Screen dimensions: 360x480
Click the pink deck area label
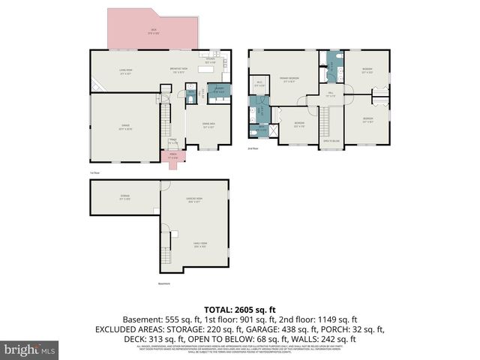(x=153, y=32)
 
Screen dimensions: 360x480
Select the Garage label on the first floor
(x=124, y=127)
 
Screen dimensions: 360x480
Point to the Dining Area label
(x=209, y=125)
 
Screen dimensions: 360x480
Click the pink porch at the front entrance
(x=173, y=157)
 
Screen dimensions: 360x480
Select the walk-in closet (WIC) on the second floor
(x=259, y=84)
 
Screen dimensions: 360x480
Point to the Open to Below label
(x=331, y=140)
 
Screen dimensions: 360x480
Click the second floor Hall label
(x=331, y=94)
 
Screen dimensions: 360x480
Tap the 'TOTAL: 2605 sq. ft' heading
(x=239, y=309)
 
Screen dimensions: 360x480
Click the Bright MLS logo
(x=30, y=349)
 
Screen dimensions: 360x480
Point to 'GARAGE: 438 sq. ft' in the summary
(x=298, y=329)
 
